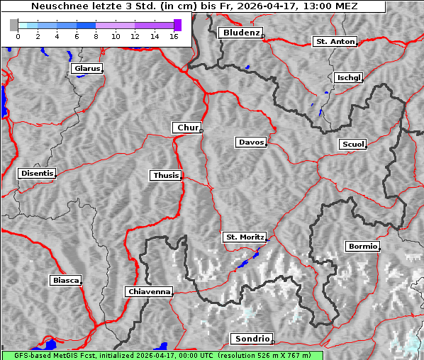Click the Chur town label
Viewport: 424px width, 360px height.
click(187, 128)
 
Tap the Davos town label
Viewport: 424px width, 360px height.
click(251, 142)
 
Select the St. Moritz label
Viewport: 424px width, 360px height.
click(244, 237)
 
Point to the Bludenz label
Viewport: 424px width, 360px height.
click(240, 33)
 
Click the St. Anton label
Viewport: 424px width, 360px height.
click(334, 42)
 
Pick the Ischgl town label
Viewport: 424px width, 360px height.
click(348, 77)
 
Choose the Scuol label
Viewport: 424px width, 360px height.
click(352, 145)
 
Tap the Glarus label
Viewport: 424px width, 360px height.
click(86, 69)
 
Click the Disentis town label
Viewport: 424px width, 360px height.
click(36, 174)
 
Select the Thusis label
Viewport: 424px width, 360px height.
click(166, 175)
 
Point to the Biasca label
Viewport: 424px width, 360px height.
click(65, 281)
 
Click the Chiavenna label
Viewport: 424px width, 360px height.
click(149, 291)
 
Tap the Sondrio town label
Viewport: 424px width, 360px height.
click(251, 339)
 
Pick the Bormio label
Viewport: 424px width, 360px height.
click(362, 247)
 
